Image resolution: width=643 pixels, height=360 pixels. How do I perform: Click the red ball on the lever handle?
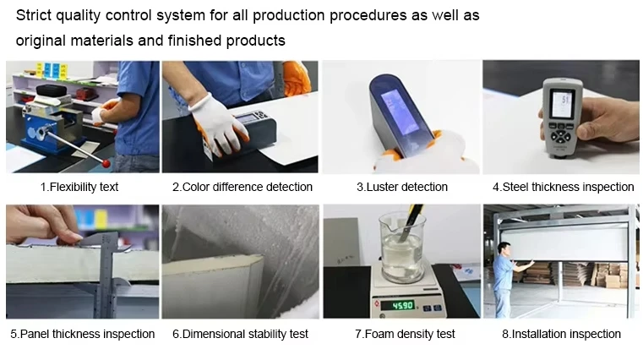[106, 164]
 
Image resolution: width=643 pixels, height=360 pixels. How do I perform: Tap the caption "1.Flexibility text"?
[79, 187]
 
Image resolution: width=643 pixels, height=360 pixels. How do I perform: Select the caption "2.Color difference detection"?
[242, 187]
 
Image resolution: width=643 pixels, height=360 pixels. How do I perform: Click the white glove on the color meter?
[218, 123]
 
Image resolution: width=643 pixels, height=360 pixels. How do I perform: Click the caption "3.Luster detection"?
[402, 187]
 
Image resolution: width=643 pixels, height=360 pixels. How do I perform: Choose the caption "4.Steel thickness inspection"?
[563, 187]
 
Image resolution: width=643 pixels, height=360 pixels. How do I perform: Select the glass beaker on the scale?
[402, 248]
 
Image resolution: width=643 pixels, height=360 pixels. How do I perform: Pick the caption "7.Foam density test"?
[405, 334]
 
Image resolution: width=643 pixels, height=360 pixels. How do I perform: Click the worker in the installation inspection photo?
[506, 279]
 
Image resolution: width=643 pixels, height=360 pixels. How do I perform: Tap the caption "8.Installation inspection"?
[561, 334]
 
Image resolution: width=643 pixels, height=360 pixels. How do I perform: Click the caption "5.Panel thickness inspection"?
[83, 334]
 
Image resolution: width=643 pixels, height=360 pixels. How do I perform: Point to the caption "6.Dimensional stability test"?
[240, 334]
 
